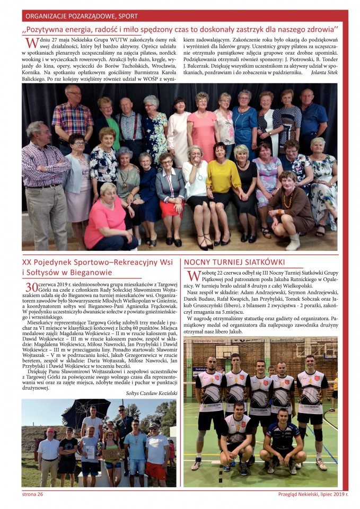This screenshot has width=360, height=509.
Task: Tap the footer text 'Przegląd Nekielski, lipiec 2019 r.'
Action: [313, 494]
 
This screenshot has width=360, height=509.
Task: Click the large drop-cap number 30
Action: [31, 287]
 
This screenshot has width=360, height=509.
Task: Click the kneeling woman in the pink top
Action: [108, 216]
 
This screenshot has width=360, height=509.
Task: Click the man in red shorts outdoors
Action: [157, 453]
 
